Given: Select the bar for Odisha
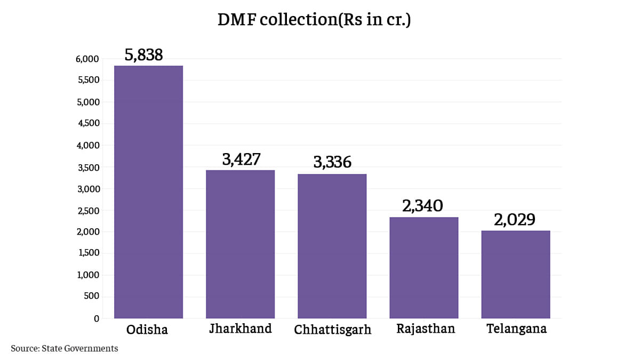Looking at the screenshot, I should point(149,192).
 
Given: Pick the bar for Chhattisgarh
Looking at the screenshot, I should point(332,246).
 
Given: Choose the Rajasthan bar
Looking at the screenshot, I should point(424,268).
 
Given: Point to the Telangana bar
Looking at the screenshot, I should point(516,275).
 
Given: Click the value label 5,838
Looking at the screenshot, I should point(143,55).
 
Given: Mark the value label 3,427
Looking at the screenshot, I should point(241,159).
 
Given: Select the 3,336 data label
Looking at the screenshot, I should point(332,163).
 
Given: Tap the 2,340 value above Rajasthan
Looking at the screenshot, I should point(423,206).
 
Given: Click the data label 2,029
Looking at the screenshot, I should point(515,220).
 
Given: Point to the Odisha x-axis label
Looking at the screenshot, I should point(147,330).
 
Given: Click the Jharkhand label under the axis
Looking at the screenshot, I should point(241,329).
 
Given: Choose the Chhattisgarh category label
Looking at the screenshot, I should point(332,330).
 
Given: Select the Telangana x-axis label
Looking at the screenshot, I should point(516,329).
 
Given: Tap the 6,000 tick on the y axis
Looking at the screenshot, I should point(87,59).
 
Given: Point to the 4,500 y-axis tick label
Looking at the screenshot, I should point(87,124).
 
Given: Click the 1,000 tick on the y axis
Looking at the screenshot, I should point(88,275).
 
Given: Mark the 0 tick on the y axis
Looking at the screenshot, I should point(97,319).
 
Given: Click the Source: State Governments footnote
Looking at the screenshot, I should point(64,348).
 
